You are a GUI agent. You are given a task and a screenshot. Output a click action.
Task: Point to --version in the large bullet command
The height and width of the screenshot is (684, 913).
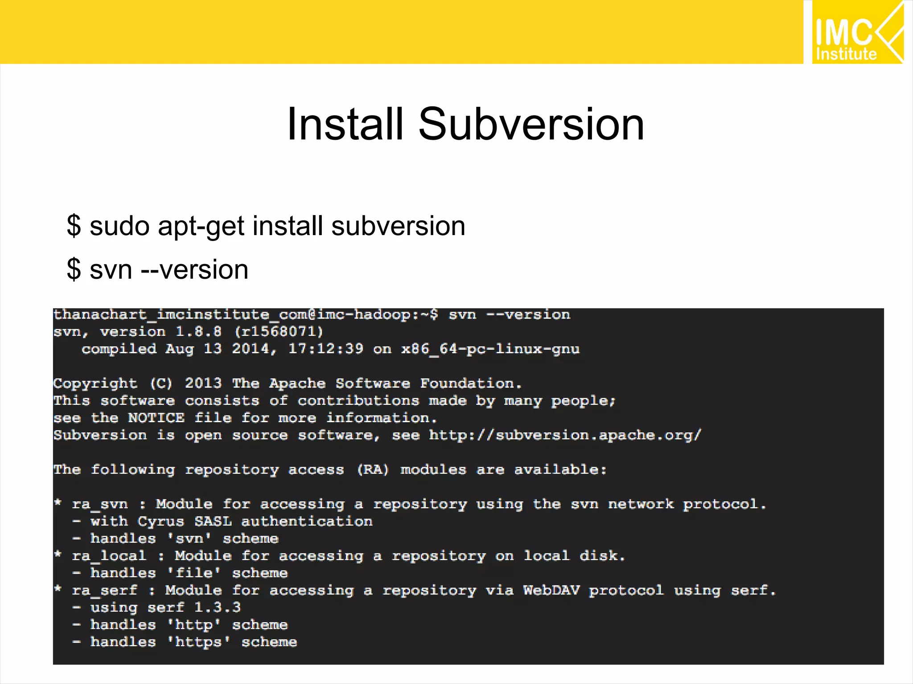(x=194, y=270)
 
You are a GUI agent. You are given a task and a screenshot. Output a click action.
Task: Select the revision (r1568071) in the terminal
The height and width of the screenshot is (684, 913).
(x=279, y=332)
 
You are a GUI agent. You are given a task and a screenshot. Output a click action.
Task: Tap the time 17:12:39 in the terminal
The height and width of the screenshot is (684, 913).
(x=325, y=349)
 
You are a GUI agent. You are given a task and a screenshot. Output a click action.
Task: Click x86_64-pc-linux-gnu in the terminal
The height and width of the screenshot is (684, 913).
(x=490, y=349)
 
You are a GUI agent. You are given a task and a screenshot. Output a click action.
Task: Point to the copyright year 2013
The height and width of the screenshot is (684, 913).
(x=203, y=383)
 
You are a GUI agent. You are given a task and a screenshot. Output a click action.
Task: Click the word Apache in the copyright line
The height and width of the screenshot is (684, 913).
(x=297, y=383)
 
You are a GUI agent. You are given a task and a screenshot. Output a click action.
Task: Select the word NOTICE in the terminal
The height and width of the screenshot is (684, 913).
(x=156, y=418)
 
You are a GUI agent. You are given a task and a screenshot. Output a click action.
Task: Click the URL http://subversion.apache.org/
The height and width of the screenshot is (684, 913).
(x=565, y=435)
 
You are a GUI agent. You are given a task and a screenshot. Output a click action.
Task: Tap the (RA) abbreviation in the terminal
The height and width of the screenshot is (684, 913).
(x=373, y=470)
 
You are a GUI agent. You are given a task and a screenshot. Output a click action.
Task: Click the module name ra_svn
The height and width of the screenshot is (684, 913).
(x=100, y=505)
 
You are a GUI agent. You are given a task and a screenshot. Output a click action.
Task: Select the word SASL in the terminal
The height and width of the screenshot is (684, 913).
(x=213, y=521)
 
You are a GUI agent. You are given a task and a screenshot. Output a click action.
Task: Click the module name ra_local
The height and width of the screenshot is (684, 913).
(x=109, y=556)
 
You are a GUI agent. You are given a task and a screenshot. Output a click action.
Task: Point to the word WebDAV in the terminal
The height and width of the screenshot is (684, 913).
(x=551, y=590)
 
